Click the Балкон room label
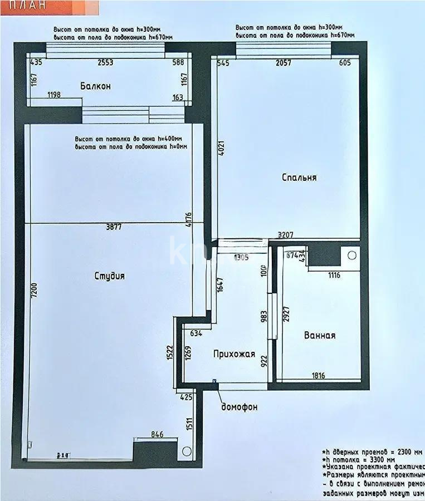point(95,86)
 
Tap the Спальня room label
point(299,178)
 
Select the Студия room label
point(109,276)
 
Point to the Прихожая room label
point(234,353)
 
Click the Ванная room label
point(320,335)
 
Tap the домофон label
point(240,407)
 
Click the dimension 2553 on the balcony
point(105,62)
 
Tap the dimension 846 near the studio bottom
point(158,435)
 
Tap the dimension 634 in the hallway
point(196,333)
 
